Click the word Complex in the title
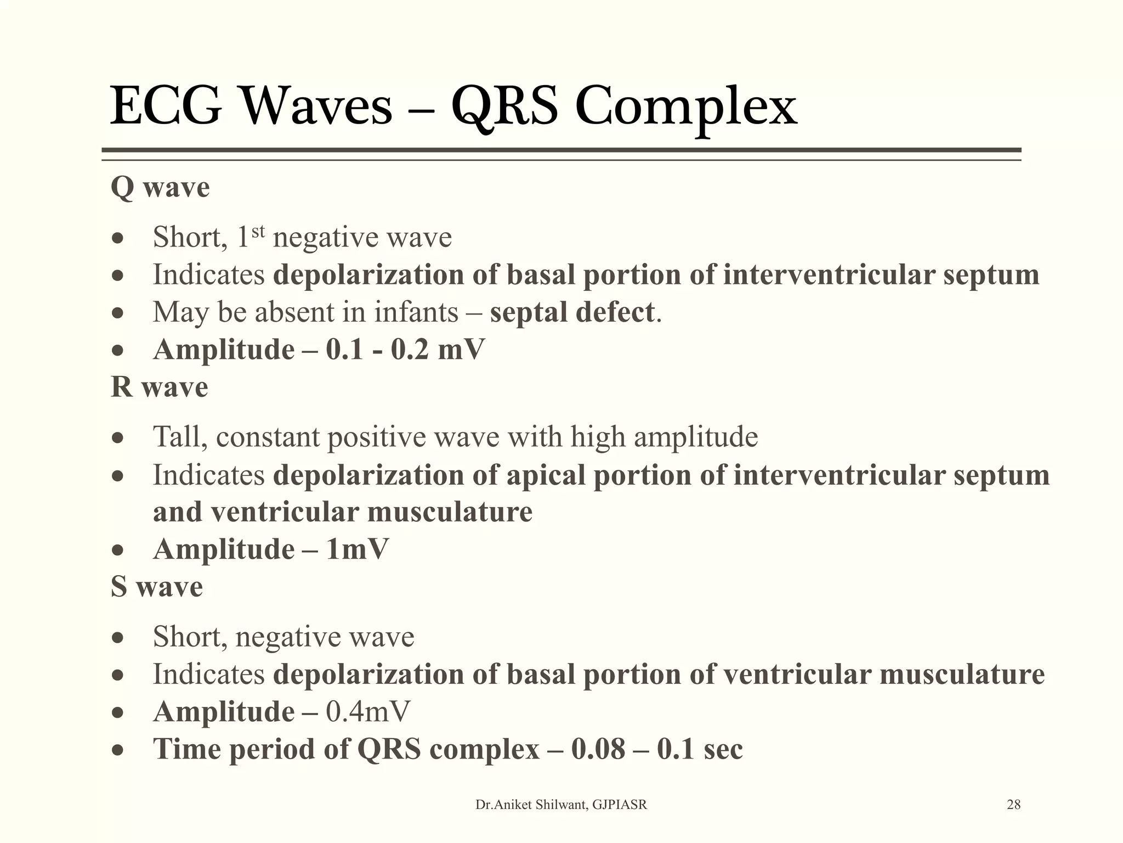pos(685,107)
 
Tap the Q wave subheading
pos(160,188)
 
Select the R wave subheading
pos(159,387)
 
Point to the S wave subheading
pos(157,587)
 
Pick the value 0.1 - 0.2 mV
pos(405,350)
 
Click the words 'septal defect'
pos(572,312)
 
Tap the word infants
pos(416,312)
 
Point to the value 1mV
pos(357,549)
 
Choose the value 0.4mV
pos(368,712)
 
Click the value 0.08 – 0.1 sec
pos(657,749)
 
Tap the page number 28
pos(1014,805)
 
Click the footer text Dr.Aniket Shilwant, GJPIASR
pos(561,805)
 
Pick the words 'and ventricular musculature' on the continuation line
pos(343,512)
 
